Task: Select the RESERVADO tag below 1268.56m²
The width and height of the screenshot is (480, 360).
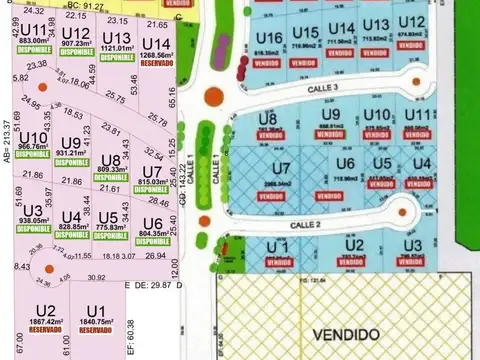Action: (x=155, y=63)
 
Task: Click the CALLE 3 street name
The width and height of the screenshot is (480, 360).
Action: (x=297, y=88)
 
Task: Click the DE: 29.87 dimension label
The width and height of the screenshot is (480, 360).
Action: (x=150, y=285)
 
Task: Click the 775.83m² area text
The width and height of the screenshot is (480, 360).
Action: (x=109, y=227)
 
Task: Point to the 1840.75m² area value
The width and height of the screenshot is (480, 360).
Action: (x=96, y=322)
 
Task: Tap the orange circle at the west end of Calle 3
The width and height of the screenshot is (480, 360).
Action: (x=211, y=97)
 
